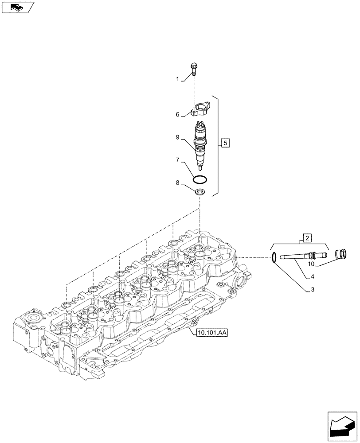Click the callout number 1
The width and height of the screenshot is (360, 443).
(177, 79)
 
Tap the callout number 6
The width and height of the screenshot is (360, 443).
(177, 115)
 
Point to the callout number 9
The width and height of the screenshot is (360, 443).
(177, 138)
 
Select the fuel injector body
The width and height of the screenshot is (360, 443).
(200, 144)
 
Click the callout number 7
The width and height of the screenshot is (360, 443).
(177, 159)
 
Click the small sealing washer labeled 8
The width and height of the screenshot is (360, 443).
(200, 192)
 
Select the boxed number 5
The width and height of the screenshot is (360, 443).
(225, 143)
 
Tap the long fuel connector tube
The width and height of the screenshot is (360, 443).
(301, 255)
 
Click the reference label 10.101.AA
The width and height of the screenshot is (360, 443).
(211, 333)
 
